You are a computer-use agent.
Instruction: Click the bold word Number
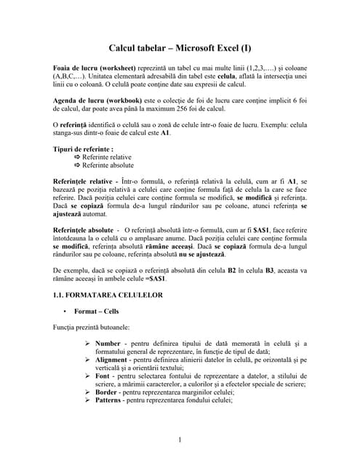pos(108,343)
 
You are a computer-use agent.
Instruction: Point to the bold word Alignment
pos(111,360)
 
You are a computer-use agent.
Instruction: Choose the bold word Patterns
pos(110,400)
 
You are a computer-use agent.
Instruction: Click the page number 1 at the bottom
pos(180,439)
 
